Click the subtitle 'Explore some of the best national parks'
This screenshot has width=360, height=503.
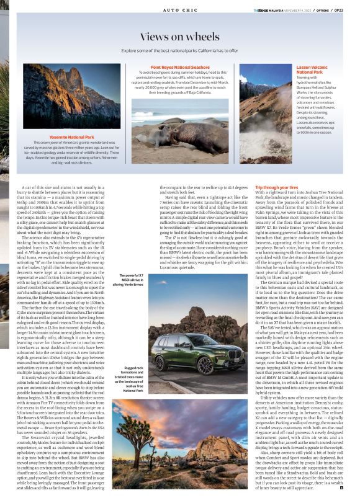179,50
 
